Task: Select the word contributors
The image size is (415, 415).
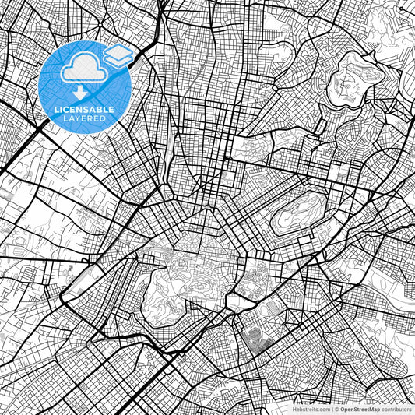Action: (397, 408)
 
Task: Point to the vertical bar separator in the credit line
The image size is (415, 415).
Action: (331, 408)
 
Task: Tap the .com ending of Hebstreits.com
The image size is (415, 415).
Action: (320, 408)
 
